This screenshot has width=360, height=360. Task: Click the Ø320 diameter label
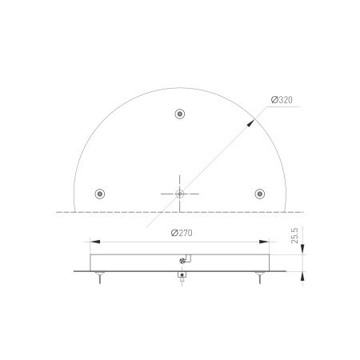tap(283, 99)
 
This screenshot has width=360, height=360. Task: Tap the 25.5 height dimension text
tap(295, 239)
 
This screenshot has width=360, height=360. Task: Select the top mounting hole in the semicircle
tap(179, 113)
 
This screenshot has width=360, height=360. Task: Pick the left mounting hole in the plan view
tap(99, 193)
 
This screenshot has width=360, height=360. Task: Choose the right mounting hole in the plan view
tap(259, 193)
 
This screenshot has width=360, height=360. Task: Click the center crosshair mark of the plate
tap(180, 193)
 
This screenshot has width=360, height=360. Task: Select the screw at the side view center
tap(183, 259)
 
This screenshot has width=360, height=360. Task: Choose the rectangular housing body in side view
tap(136, 262)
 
